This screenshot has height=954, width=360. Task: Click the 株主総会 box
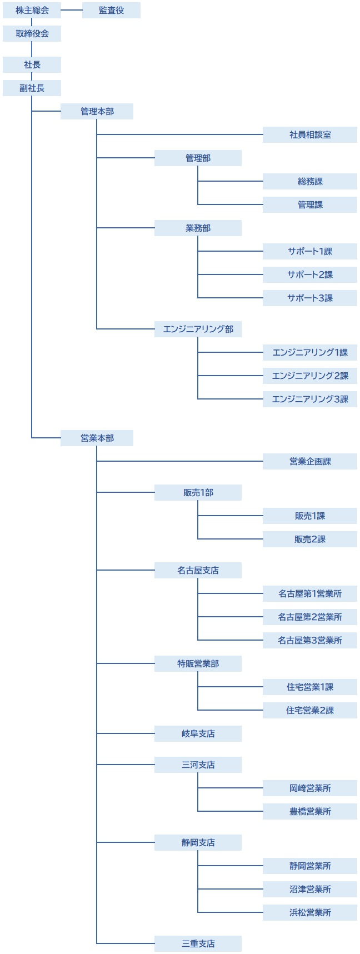point(32,10)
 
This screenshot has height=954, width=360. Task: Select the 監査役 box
point(111,10)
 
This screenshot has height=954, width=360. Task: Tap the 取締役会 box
point(32,33)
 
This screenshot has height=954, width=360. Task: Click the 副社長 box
point(32,88)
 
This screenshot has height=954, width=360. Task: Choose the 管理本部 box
point(97,111)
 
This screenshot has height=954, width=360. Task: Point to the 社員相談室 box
point(310,134)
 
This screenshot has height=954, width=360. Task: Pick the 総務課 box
point(310,181)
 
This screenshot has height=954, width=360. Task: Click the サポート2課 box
point(310,274)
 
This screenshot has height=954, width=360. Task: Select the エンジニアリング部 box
point(198,329)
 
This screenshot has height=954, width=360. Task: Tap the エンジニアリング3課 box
point(310,399)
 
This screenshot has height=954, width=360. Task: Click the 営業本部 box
point(97,438)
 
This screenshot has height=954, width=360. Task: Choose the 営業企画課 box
point(310,461)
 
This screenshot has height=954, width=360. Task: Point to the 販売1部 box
point(198,492)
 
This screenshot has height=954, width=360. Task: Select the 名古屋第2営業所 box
point(310,617)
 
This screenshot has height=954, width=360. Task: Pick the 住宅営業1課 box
point(310,687)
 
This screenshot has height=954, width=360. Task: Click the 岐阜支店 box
point(198,733)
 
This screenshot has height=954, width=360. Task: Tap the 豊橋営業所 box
point(310,811)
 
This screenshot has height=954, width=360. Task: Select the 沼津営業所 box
point(310,889)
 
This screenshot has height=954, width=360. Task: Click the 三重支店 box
point(198,943)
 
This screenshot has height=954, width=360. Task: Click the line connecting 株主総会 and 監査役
point(72,10)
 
